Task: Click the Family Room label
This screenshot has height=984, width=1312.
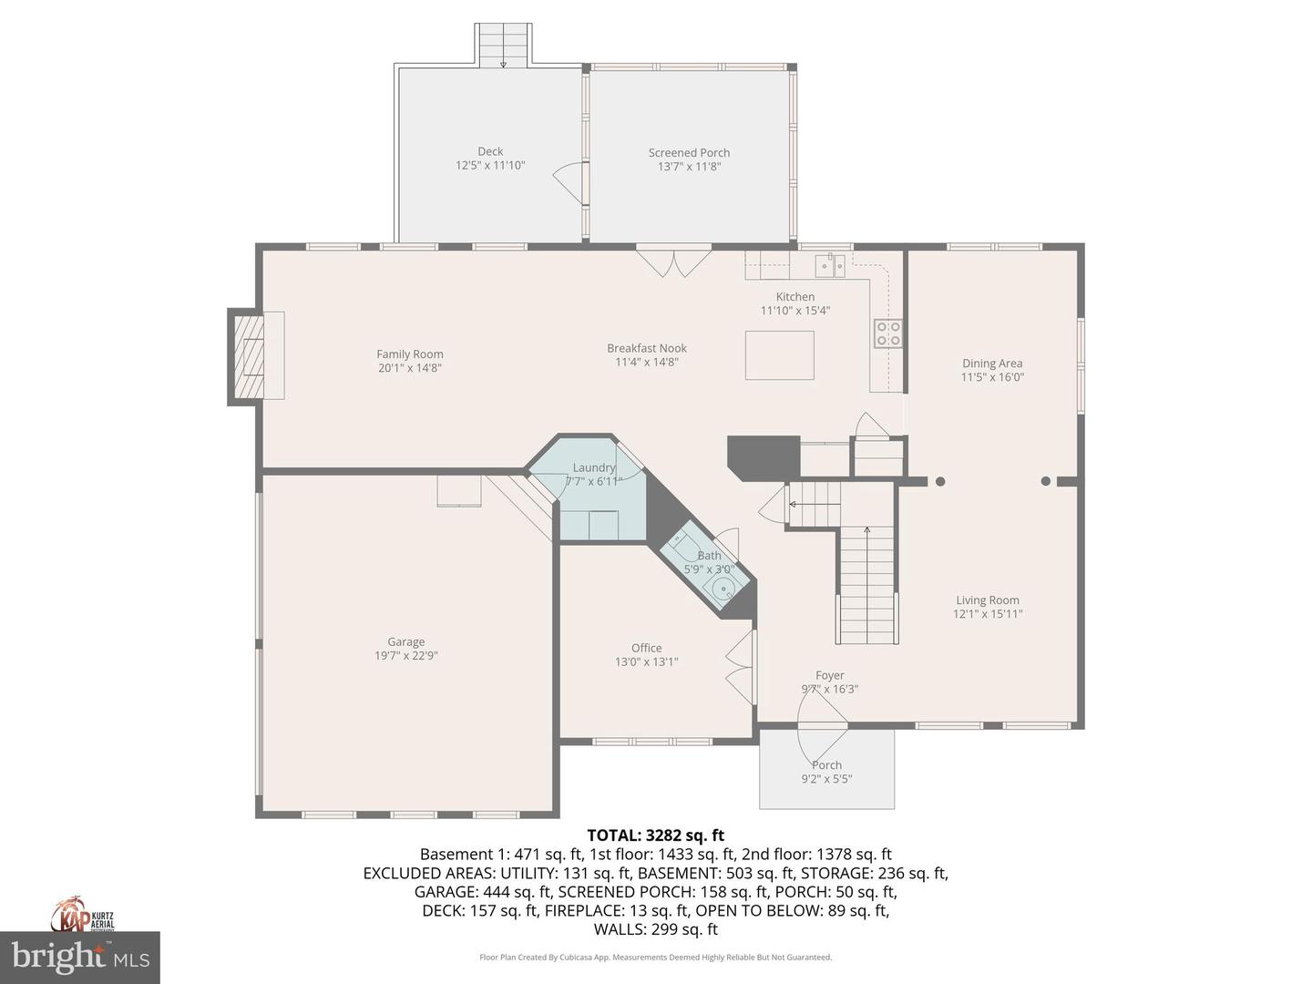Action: tap(410, 354)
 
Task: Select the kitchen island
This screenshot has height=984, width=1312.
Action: tap(779, 355)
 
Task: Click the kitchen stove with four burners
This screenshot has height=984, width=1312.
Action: tap(888, 333)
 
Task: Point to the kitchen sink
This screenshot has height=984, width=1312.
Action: tap(830, 265)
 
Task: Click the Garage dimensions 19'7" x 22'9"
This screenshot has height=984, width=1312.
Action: tap(406, 655)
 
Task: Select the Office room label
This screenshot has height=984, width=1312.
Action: tap(646, 648)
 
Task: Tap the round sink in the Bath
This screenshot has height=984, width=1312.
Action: tap(723, 589)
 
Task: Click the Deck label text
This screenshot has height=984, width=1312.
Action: tap(490, 151)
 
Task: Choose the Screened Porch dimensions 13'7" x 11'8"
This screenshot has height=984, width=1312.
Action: tap(689, 167)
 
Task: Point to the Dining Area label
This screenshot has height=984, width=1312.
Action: tap(992, 363)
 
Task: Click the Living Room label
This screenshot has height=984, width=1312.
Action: tap(988, 600)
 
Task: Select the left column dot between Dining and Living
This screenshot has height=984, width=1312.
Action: tap(940, 481)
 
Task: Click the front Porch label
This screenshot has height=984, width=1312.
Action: tap(827, 765)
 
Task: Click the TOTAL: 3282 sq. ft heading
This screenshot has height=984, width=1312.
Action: tap(655, 835)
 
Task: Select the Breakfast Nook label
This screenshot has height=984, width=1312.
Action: tap(647, 348)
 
